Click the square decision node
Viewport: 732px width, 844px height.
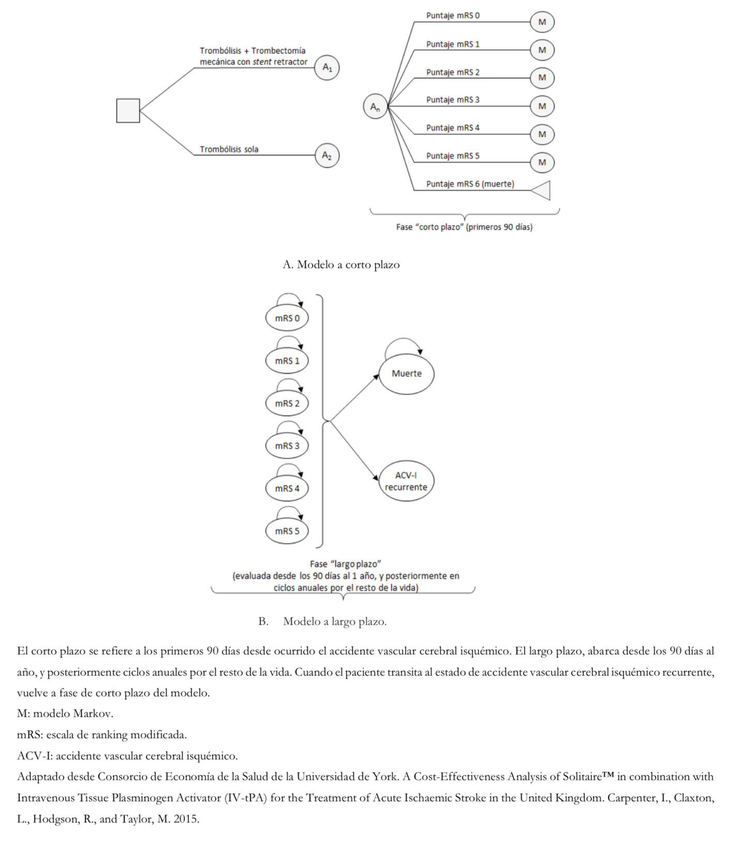128,111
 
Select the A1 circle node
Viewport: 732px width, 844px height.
327,67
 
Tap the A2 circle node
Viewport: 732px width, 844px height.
327,155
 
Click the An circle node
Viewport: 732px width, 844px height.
375,107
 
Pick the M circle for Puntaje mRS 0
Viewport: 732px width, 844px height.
542,22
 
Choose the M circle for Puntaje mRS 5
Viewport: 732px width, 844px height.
542,162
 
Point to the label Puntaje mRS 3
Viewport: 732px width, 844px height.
453,100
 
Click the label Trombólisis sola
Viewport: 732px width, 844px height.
229,149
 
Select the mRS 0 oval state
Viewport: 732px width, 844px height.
287,318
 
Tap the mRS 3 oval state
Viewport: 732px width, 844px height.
287,446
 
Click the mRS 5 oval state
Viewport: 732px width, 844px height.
287,531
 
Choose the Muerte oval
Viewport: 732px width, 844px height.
406,373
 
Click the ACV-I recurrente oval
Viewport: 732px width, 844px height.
406,481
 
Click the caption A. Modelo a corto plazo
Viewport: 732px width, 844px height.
341,265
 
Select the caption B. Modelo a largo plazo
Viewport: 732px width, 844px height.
322,622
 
